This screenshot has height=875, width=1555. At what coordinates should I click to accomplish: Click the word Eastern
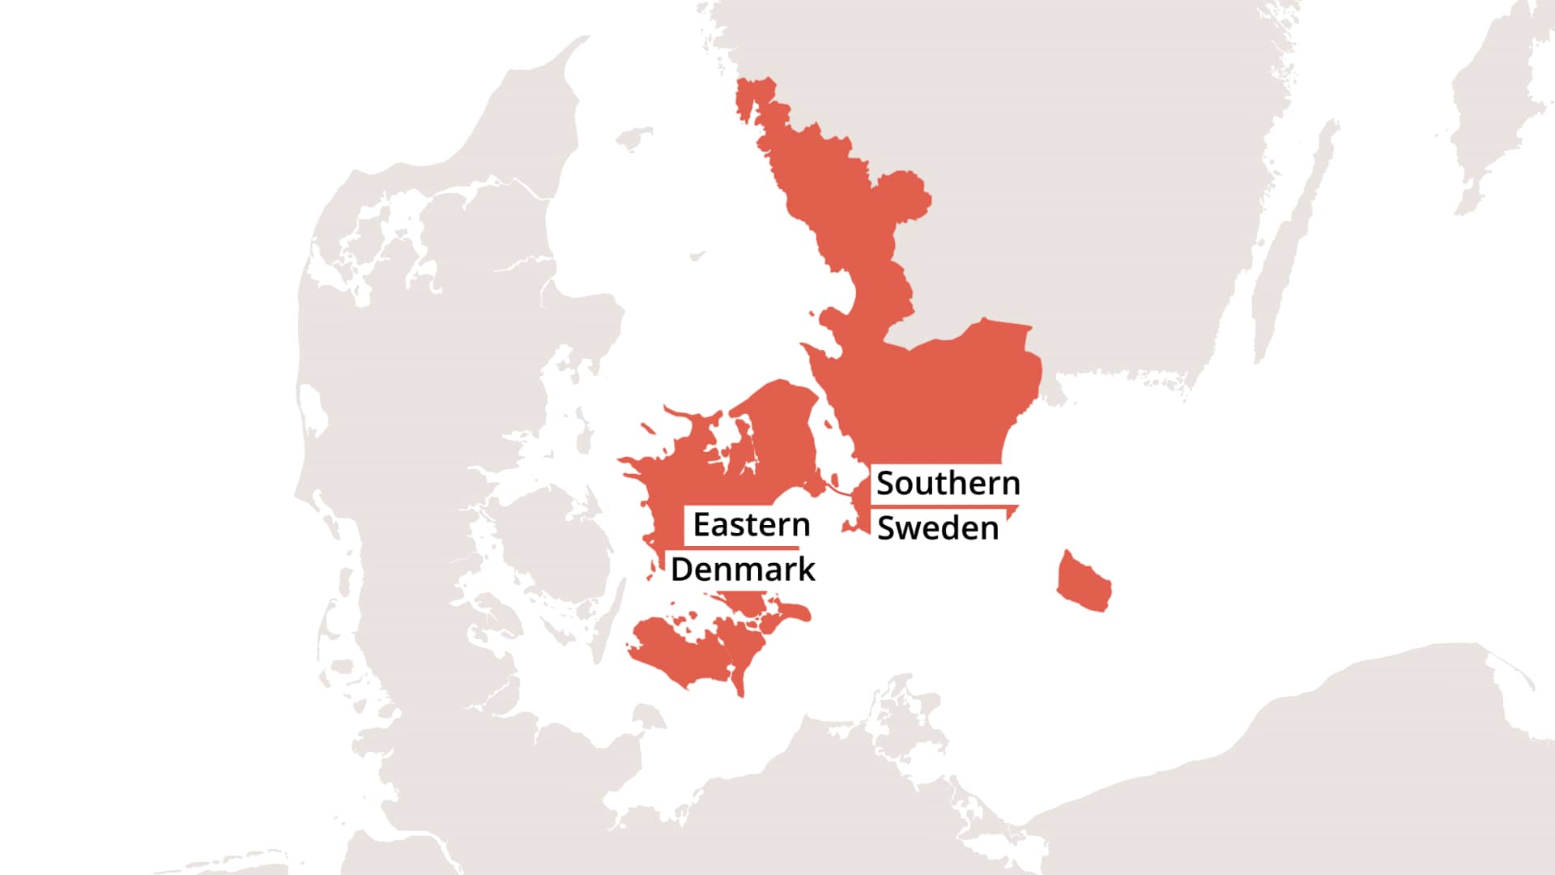pyautogui.click(x=752, y=525)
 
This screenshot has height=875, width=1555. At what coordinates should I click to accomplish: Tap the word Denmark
pyautogui.click(x=743, y=570)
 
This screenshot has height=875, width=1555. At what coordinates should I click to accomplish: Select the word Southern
pyautogui.click(x=948, y=483)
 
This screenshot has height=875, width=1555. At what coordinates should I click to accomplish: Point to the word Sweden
pyautogui.click(x=938, y=528)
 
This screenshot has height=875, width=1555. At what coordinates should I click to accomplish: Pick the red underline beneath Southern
pyautogui.click(x=944, y=507)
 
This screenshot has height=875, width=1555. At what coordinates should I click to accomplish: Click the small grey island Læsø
pyautogui.click(x=634, y=139)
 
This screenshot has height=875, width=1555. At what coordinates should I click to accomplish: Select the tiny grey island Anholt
pyautogui.click(x=697, y=257)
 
